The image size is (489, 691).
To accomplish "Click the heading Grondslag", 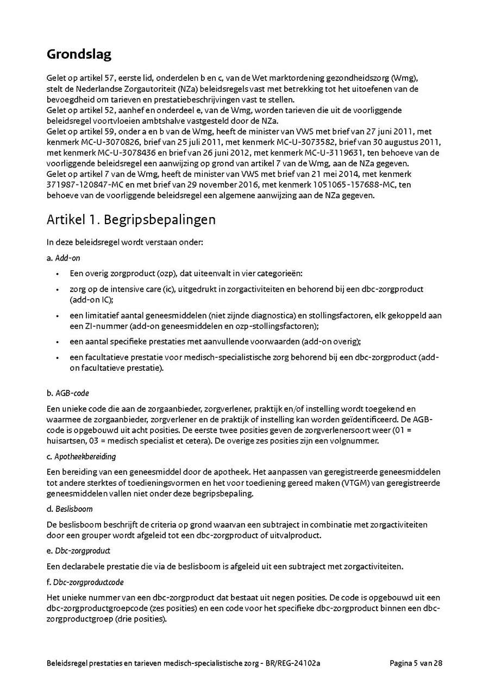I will [x=79, y=54].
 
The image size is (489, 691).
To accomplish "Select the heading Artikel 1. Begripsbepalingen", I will [x=131, y=219].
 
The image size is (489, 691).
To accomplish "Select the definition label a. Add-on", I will [x=63, y=258].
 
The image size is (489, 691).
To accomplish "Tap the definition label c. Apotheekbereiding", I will [x=81, y=457].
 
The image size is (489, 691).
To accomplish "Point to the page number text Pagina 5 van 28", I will [x=416, y=663].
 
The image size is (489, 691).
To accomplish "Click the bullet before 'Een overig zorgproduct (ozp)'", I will [x=58, y=274].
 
